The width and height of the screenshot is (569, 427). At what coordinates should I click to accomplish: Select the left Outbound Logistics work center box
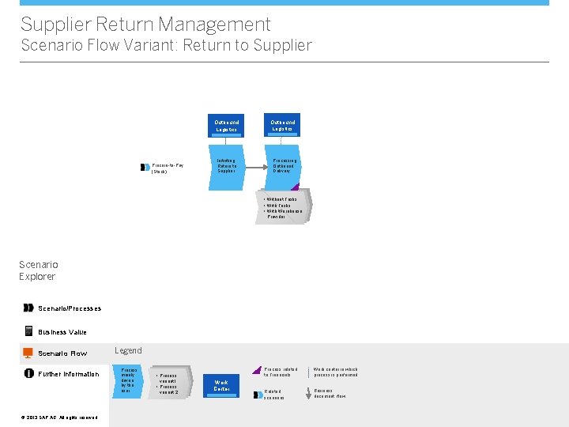coord(227,126)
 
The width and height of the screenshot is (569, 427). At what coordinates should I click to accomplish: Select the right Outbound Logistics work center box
coord(282,126)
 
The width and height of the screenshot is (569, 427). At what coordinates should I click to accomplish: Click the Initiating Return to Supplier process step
coord(227,167)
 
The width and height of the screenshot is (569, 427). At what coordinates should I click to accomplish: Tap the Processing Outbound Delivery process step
coord(283,167)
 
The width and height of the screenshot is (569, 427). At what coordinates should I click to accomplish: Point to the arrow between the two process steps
coord(254,167)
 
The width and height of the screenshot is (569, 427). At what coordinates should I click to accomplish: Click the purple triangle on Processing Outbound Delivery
coord(296,187)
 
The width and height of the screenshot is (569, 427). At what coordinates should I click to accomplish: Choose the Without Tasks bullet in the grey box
coord(282,199)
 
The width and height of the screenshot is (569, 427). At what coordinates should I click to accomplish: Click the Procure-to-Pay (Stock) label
coord(167,168)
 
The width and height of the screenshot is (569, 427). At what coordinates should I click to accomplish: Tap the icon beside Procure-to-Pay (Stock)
coord(145,167)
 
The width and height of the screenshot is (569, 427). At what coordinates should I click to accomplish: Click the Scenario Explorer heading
coord(38,270)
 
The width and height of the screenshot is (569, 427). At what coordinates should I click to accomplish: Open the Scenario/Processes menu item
coord(70,308)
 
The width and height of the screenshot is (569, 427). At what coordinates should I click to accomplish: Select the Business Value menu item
coord(62,332)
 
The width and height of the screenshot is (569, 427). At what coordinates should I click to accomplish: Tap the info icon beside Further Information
coord(29,374)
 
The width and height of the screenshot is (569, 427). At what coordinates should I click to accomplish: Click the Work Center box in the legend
coord(221,385)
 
